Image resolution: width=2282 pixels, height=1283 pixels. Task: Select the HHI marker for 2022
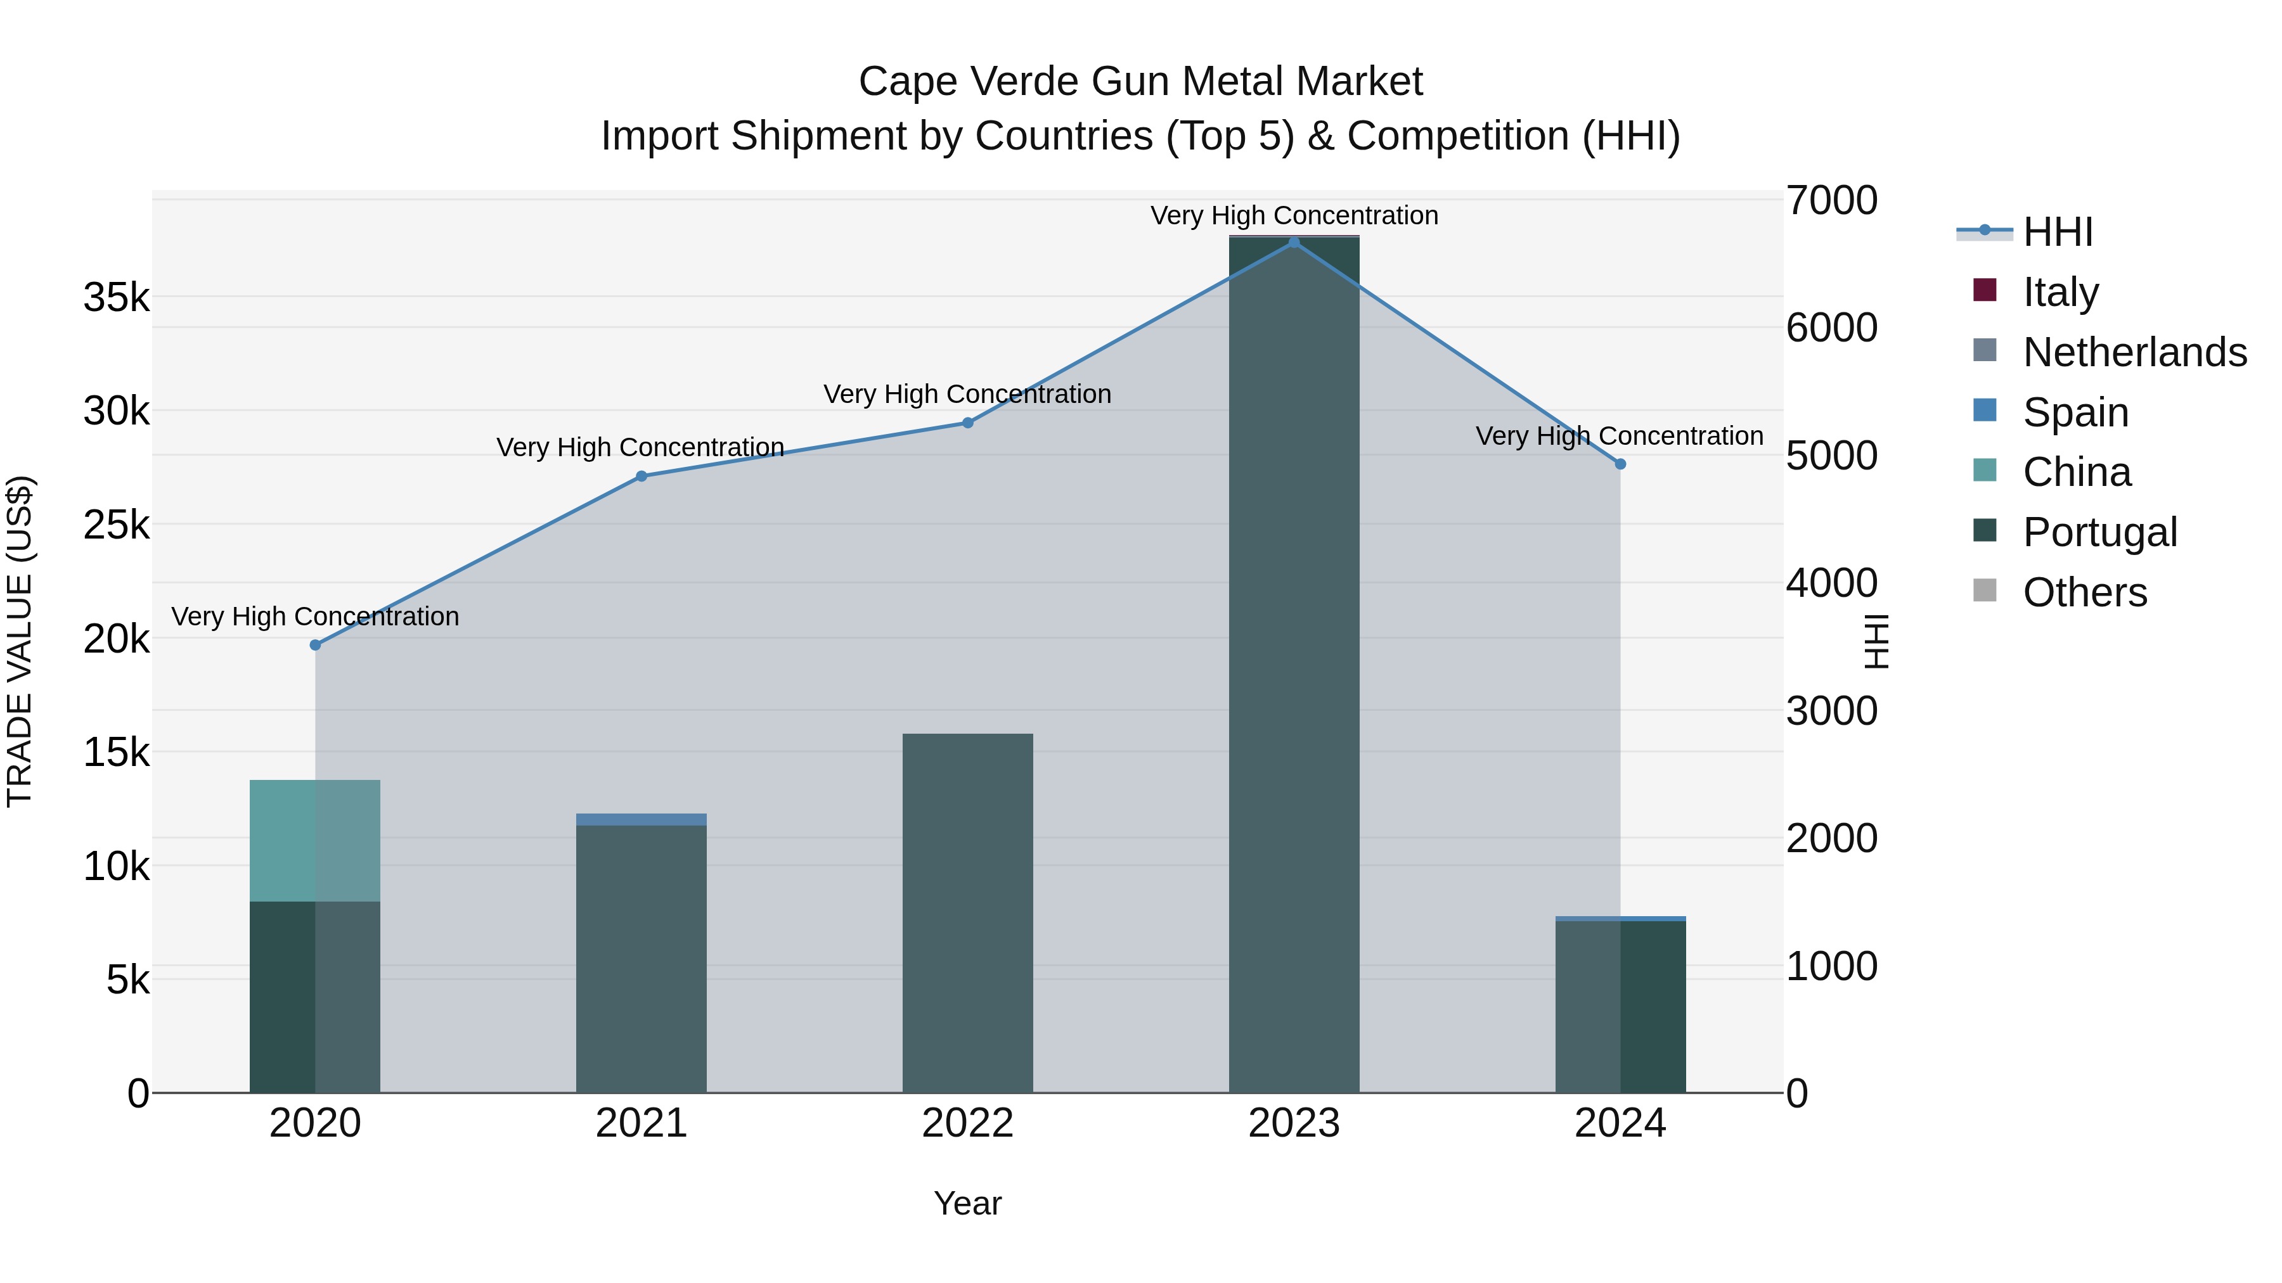(x=967, y=423)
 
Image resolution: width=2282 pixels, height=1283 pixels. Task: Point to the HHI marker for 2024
(x=1620, y=464)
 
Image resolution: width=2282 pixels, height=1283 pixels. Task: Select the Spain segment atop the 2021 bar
(x=641, y=819)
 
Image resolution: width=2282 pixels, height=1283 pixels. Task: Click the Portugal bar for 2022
(x=967, y=912)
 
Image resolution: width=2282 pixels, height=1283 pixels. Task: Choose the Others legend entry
(x=2084, y=592)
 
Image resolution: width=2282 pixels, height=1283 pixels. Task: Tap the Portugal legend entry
(x=2099, y=532)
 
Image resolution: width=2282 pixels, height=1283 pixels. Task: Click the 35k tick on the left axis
(x=116, y=298)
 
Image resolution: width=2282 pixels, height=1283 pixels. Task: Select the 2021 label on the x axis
(x=641, y=1123)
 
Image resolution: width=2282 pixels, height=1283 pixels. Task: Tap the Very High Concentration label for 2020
(x=316, y=616)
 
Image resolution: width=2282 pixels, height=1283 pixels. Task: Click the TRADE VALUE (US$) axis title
(x=20, y=641)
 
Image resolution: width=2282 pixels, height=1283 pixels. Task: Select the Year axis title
(x=967, y=1203)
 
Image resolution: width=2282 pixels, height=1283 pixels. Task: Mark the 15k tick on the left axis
(x=116, y=753)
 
